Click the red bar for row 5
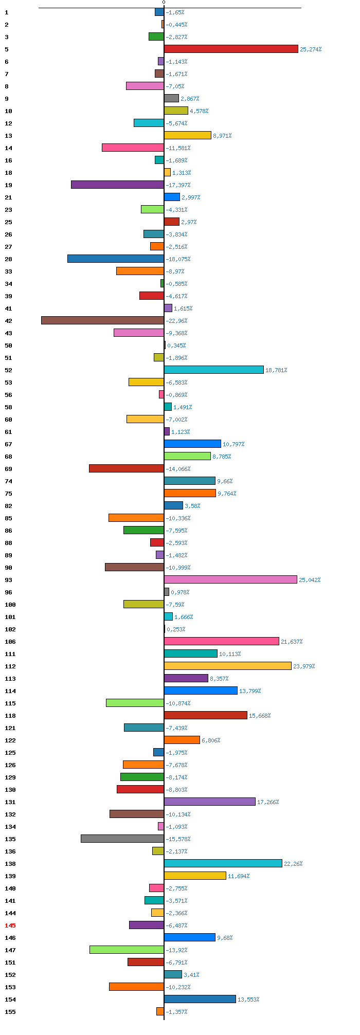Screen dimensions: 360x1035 tap(231, 49)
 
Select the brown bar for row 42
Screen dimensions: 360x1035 tap(103, 320)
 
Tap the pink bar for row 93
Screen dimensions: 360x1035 tap(230, 579)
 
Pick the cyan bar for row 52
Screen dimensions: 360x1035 tap(214, 370)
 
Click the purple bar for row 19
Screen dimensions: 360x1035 tap(118, 185)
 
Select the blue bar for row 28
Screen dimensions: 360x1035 tap(116, 259)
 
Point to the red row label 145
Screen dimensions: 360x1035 tap(10, 925)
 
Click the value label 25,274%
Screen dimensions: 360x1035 tap(311, 49)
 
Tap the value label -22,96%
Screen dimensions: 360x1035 tap(176, 321)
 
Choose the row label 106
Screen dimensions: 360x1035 tap(10, 642)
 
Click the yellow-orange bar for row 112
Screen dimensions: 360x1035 tap(228, 666)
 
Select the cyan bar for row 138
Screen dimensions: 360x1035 tap(223, 863)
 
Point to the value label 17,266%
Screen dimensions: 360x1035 tap(268, 802)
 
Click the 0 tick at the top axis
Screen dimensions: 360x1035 tap(164, 3)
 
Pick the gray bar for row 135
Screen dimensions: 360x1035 tap(122, 839)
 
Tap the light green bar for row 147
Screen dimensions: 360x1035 tap(127, 950)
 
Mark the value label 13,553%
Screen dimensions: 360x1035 tap(248, 1000)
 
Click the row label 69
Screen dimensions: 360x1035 tap(8, 469)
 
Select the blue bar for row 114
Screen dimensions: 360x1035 tap(201, 691)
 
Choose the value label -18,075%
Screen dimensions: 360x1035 tap(178, 259)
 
